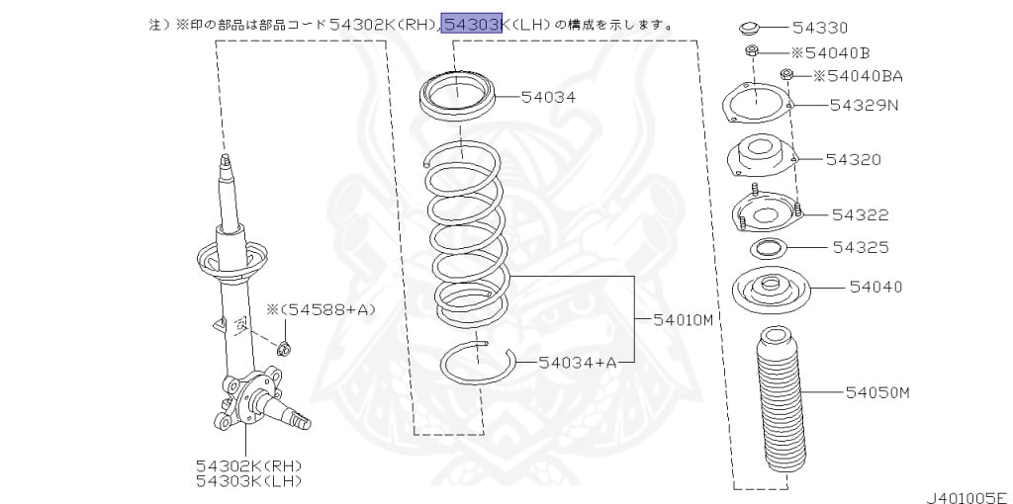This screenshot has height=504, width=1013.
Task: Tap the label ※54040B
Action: [x=830, y=51]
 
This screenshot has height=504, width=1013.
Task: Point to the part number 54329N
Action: [x=864, y=104]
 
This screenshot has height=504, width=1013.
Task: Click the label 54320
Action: [x=854, y=159]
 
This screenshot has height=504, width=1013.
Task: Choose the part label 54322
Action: [x=860, y=214]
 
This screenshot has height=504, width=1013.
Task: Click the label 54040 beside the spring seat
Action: [x=875, y=287]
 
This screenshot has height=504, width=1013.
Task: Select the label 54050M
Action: [x=877, y=392]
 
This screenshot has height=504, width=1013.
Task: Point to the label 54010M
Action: [x=682, y=319]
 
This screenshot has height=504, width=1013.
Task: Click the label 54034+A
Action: [x=578, y=363]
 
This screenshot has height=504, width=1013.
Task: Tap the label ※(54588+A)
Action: [x=322, y=310]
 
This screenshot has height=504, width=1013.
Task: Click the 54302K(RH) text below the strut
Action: [x=248, y=464]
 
